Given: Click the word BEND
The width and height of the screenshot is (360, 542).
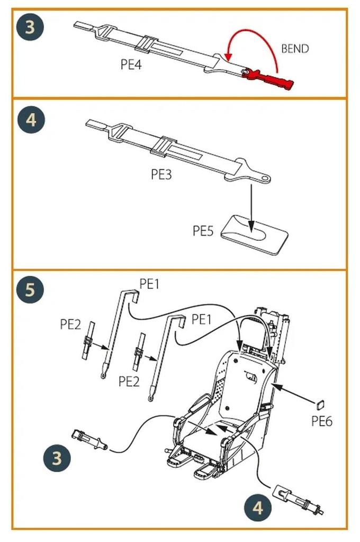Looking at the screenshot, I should point(295,48).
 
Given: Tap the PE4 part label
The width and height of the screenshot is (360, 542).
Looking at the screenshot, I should point(132,65).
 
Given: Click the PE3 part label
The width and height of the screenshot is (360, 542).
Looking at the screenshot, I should point(161,175).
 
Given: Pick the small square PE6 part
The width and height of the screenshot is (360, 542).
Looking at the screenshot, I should point(320,406).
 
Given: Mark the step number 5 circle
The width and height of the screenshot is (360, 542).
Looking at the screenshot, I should point(31,290).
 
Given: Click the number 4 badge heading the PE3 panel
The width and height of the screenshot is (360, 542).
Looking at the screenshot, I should point(31,120).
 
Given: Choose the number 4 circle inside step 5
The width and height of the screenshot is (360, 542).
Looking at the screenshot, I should point(258,508).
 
